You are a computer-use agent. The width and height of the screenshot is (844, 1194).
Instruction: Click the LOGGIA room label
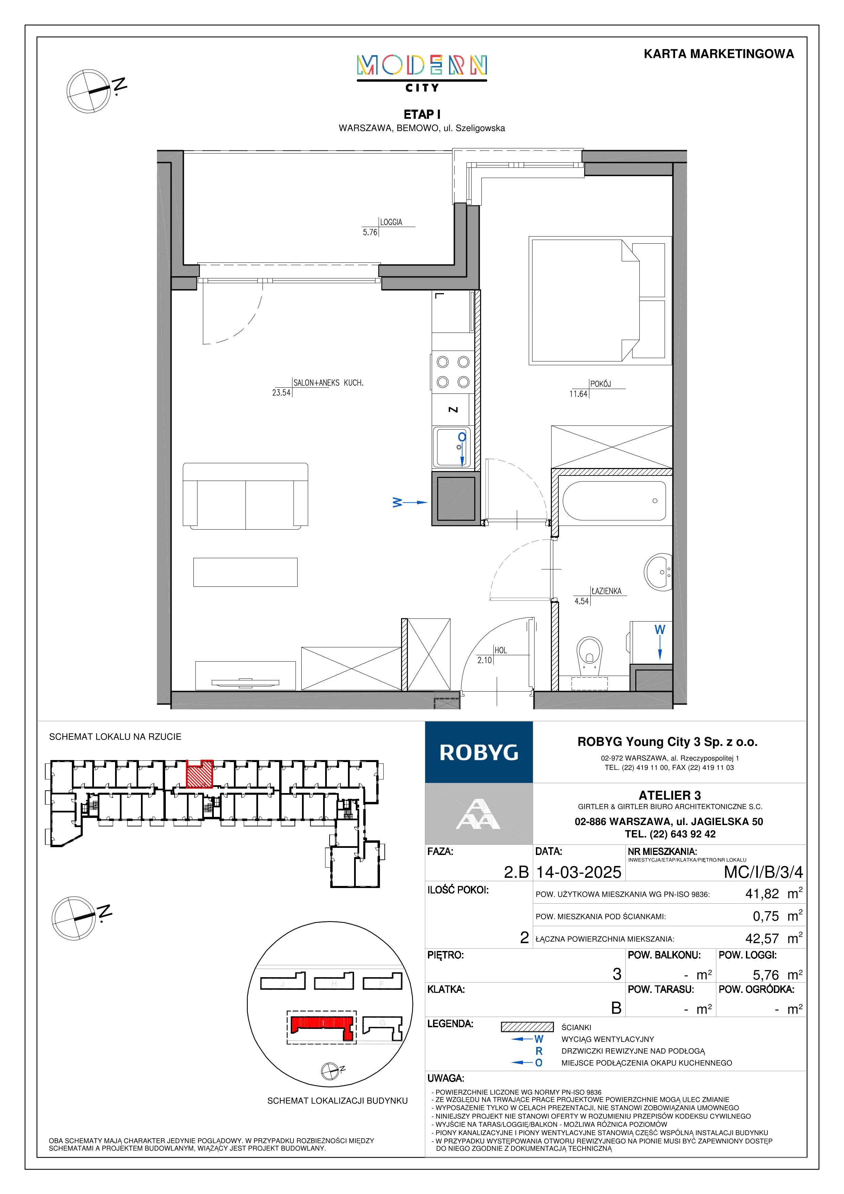391,222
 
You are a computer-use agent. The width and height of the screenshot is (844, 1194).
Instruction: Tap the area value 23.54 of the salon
281,393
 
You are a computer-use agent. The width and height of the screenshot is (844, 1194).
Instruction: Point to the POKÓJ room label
601,384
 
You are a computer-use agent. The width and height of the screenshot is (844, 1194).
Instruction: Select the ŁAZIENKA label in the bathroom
606,591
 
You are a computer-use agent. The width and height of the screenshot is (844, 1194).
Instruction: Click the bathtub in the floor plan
614,501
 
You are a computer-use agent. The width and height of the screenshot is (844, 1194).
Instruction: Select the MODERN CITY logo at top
422,73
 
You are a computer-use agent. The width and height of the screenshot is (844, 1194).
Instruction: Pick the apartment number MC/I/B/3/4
763,872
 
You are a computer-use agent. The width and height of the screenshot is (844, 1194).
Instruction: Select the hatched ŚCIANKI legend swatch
527,1027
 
